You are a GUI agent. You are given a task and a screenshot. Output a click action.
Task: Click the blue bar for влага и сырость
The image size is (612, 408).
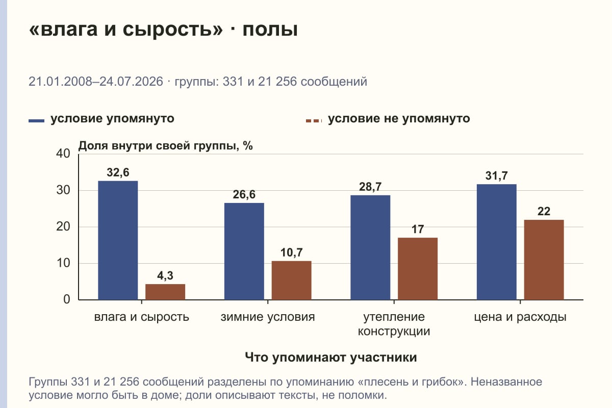tap(118, 240)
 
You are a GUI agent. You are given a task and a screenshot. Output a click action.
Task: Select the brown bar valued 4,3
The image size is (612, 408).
tap(165, 292)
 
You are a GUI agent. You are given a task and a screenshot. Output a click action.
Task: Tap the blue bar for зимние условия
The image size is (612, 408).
tap(244, 251)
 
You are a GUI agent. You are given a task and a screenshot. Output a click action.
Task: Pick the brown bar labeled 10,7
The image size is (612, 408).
tap(291, 280)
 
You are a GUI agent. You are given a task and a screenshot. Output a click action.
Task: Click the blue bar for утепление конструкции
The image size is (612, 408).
tap(370, 247)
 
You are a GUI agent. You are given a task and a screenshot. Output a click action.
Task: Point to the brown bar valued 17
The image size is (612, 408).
tap(418, 269)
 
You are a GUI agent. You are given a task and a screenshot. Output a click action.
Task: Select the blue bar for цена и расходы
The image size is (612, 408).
tap(496, 242)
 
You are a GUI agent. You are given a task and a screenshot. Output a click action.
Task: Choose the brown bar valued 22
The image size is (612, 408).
tap(544, 260)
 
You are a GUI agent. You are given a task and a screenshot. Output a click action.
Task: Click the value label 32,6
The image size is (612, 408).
tap(118, 172)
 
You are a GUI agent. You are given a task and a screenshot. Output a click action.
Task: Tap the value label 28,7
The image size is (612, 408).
tap(370, 187)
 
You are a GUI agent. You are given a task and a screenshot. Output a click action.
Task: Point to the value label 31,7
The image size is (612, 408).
tap(496, 176)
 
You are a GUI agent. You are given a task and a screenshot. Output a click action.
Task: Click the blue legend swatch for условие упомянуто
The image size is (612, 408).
tap(36, 121)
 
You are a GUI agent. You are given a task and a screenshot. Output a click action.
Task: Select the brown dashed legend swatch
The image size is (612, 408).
tap(314, 121)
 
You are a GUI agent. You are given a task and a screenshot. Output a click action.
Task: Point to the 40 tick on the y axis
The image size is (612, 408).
tap(63, 154)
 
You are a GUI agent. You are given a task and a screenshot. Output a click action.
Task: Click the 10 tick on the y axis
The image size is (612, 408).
tap(63, 263)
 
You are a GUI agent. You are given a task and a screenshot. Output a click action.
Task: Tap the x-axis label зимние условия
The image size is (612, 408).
tap(268, 317)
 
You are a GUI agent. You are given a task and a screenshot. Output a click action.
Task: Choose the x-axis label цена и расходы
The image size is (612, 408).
tap(520, 317)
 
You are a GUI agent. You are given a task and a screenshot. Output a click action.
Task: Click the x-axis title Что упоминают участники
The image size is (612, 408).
tap(331, 357)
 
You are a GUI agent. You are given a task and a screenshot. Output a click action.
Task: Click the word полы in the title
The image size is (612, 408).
tap(270, 29)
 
